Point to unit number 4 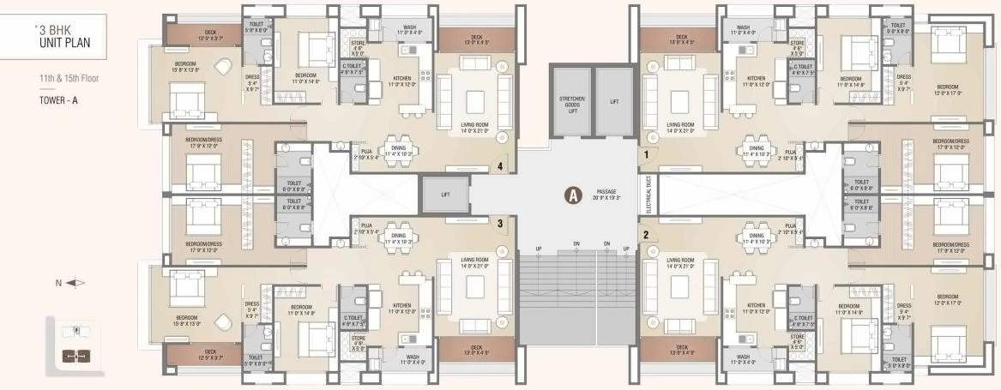pos(499,167)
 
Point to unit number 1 pos(646,156)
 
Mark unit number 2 pos(645,233)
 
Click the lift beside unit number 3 pos(445,195)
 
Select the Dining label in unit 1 pos(756,151)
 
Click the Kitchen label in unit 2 pos(756,308)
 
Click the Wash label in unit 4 pos(412,30)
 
